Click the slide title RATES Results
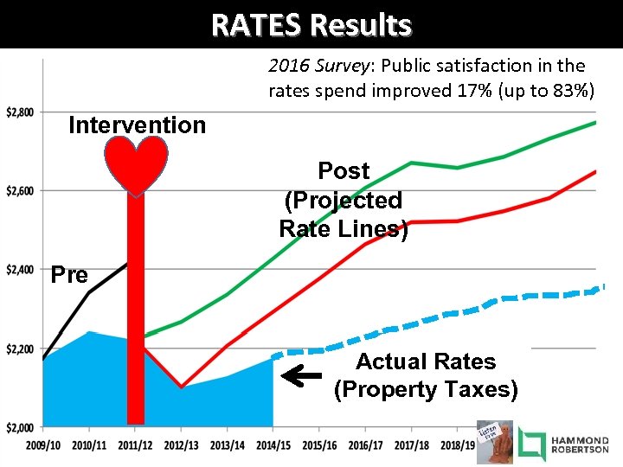click(x=311, y=24)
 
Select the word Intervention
click(x=137, y=125)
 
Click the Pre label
click(x=69, y=275)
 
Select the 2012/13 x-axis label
click(x=181, y=445)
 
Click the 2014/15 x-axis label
click(x=273, y=445)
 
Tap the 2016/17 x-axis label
click(x=366, y=445)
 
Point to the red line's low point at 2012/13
click(x=181, y=387)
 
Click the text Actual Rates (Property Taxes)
click(x=426, y=375)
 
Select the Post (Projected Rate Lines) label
click(x=344, y=200)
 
